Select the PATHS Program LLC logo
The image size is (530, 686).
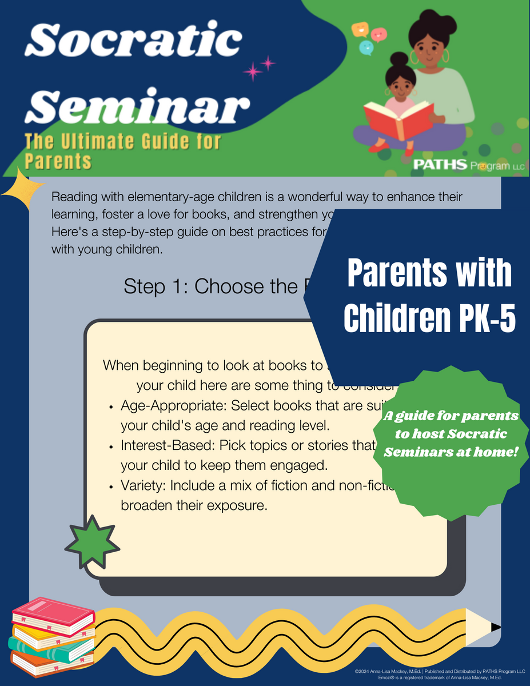point(460,165)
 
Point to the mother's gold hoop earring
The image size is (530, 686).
point(445,55)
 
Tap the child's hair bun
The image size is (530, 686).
point(399,59)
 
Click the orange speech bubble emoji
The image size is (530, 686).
point(360,28)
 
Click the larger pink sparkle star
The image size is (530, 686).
point(252,71)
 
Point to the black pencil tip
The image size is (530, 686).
point(496,627)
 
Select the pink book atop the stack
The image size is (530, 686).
point(53,614)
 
